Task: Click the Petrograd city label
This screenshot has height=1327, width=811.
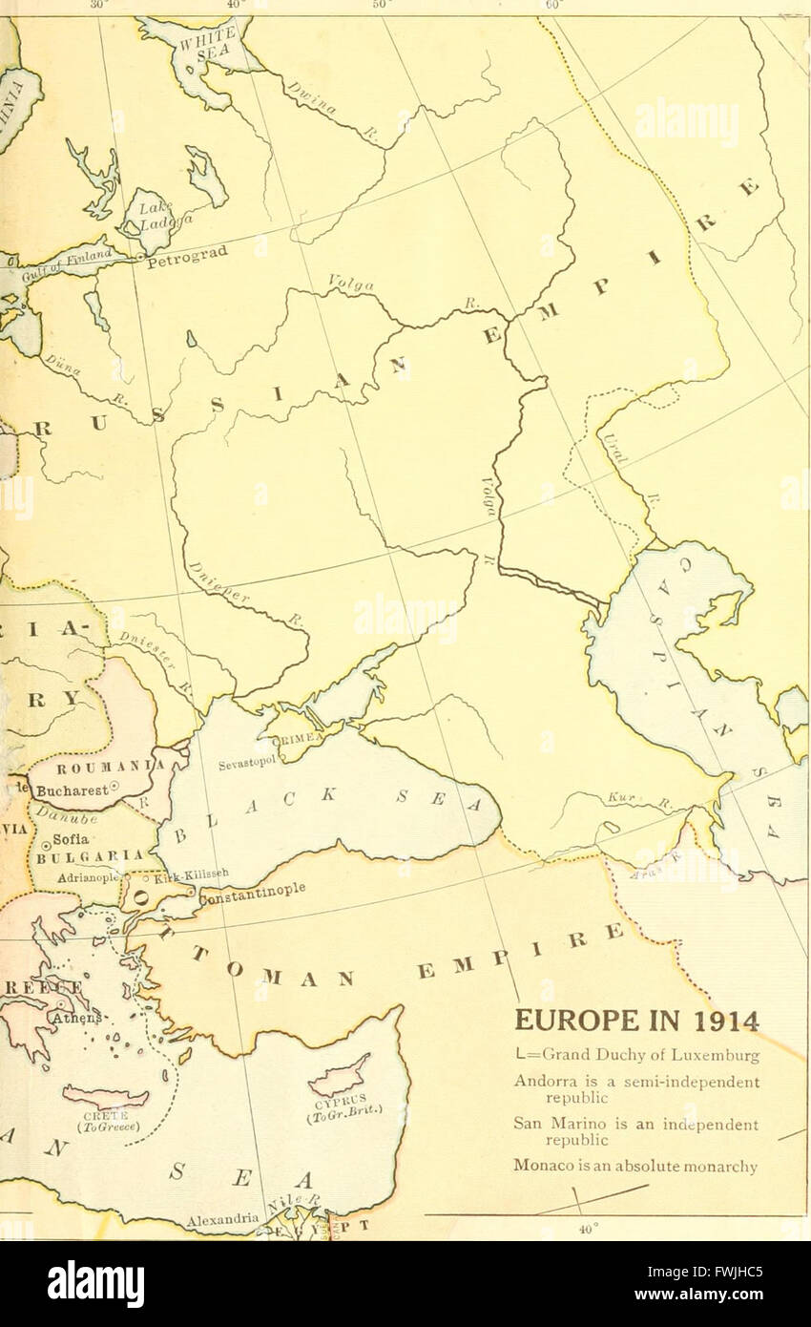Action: [189, 257]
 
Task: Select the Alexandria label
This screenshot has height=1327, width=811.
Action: [221, 1219]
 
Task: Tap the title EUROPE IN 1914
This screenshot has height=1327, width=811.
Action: [637, 1022]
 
